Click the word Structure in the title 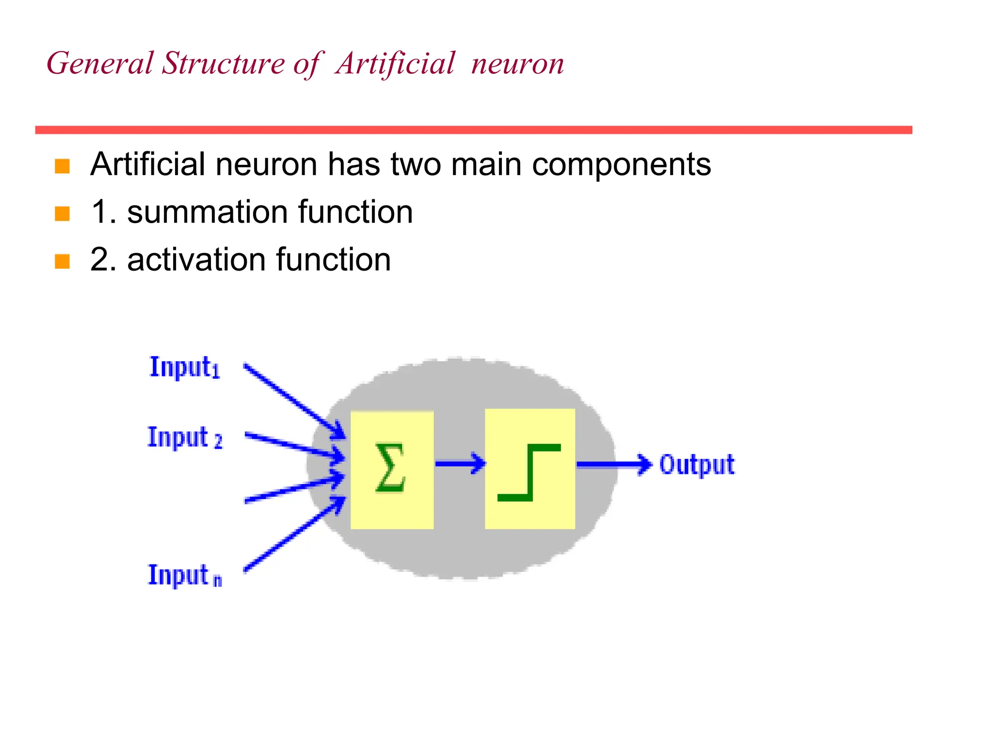(x=224, y=64)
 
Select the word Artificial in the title (x=395, y=64)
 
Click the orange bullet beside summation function (x=62, y=213)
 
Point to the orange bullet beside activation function (x=62, y=261)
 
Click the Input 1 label (x=184, y=367)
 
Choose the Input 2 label (x=184, y=437)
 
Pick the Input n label (x=184, y=576)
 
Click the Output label (x=697, y=465)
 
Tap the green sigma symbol (x=390, y=468)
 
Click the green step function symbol (x=529, y=472)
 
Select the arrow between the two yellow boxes (x=460, y=464)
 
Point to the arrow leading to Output (x=613, y=464)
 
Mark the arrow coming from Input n (x=294, y=534)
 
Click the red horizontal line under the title (x=473, y=130)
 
